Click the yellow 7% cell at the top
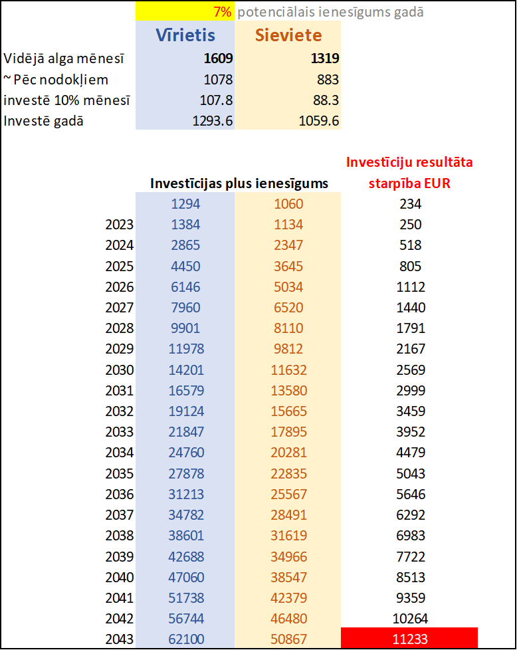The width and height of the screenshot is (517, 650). (185, 11)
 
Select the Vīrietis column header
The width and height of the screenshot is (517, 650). (185, 35)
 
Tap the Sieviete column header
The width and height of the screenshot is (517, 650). (288, 35)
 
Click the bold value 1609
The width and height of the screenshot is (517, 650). (218, 58)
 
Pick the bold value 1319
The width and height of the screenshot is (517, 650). (325, 58)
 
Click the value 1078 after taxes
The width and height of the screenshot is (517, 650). (219, 80)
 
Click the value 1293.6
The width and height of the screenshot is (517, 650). (212, 122)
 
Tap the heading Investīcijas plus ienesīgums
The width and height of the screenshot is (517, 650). (239, 183)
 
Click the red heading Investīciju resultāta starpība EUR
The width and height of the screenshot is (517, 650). (409, 173)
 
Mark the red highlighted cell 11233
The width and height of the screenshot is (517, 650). (409, 639)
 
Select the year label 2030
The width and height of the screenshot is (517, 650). (120, 370)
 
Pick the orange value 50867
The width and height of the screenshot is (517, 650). (288, 639)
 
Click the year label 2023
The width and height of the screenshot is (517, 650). (120, 225)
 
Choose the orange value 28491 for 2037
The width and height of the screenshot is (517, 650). (288, 515)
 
